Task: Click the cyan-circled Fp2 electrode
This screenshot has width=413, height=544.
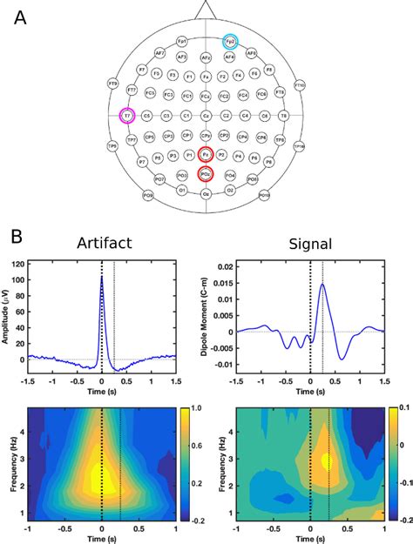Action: (x=230, y=41)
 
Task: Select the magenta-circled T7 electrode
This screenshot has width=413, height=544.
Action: (x=127, y=115)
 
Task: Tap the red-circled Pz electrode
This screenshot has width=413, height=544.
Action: (x=206, y=154)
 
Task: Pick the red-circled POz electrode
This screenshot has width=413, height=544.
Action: (x=206, y=174)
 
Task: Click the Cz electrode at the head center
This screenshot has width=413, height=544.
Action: (x=206, y=115)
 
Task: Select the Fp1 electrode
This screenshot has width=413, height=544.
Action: (x=180, y=41)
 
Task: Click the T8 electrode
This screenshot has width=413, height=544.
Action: (x=284, y=115)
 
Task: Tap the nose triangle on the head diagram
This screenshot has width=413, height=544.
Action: (x=206, y=9)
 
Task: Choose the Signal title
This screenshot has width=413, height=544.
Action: (x=312, y=245)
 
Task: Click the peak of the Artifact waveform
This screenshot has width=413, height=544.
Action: (x=102, y=278)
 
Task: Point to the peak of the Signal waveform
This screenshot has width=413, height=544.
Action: (x=322, y=284)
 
